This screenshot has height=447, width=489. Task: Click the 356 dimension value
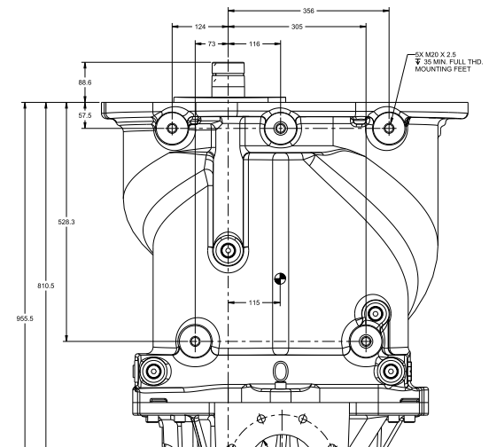point(308,11)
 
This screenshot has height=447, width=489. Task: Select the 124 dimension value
point(200,27)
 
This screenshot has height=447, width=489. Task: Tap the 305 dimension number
point(297,27)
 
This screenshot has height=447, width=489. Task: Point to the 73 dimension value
point(212,44)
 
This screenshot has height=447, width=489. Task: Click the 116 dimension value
point(254,44)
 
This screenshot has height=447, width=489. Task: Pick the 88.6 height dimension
point(85,82)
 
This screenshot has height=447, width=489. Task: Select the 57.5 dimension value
point(85,115)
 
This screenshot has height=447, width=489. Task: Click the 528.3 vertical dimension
point(66,222)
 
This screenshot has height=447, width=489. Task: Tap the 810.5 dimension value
point(46,286)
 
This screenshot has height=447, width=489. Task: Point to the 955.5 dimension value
point(25,318)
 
